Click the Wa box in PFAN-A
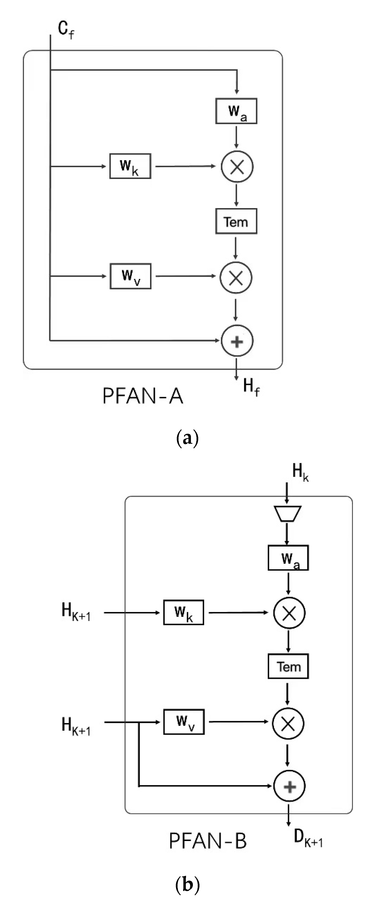coord(236,111)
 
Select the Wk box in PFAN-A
coord(130,166)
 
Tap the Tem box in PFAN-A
coord(236,221)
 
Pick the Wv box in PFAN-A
coord(130,276)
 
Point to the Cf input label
coord(66,30)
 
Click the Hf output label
coord(251,387)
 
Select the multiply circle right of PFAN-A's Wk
coord(237,167)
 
